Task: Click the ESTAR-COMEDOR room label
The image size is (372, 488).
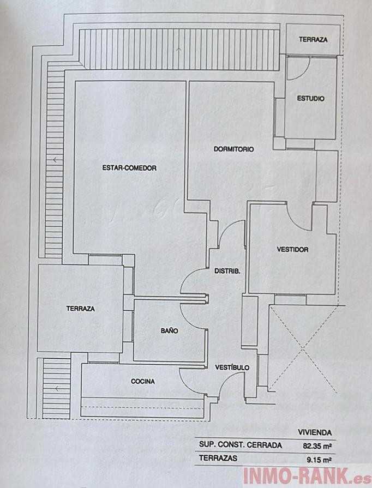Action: (129, 168)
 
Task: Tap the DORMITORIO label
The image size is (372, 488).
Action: (233, 149)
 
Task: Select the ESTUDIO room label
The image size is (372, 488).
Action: (310, 99)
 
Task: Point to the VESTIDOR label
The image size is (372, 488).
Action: (292, 250)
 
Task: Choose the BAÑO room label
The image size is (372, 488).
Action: (169, 330)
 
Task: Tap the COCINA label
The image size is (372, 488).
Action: (142, 382)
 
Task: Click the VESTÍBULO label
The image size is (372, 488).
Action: (232, 367)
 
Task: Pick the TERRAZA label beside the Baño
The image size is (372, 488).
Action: (80, 309)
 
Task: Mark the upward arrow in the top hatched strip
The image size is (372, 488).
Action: (179, 50)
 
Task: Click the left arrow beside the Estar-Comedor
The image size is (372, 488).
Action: (56, 160)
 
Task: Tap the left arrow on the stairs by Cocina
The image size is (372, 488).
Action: (57, 388)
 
